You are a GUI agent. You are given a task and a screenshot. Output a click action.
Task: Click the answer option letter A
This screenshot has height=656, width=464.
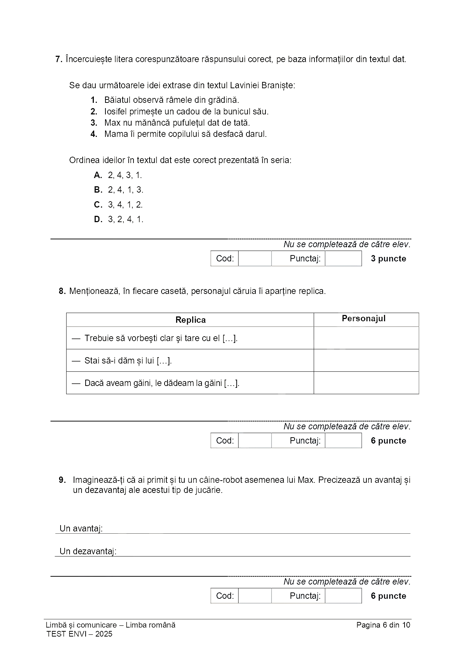98,175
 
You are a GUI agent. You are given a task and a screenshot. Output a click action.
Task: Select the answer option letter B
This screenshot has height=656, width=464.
98,190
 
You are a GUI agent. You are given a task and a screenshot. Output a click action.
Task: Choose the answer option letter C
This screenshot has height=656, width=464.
98,205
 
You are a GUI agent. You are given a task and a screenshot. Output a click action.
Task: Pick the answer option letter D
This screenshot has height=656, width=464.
98,219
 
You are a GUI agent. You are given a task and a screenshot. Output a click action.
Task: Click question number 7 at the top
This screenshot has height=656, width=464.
58,59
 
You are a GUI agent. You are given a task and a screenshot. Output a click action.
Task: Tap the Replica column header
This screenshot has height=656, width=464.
190,320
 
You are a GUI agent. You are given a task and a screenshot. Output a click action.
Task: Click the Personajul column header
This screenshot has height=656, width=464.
363,319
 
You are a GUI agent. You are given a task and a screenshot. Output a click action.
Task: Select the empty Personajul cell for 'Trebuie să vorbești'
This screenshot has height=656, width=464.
366,338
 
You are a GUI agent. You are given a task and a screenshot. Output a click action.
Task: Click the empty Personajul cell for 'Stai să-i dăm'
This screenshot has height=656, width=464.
366,361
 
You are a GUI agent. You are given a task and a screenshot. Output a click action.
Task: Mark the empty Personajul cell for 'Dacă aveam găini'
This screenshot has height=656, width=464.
366,383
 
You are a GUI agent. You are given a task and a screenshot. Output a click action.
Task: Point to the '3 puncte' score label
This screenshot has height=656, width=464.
388,258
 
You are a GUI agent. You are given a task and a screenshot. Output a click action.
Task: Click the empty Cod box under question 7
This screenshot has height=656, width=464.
255,258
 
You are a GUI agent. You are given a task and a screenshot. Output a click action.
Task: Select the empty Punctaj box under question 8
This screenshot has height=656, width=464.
343,441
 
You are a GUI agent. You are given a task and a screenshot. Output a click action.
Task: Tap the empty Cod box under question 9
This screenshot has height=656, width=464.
255,596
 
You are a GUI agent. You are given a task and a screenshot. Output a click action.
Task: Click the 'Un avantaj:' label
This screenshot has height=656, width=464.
81,528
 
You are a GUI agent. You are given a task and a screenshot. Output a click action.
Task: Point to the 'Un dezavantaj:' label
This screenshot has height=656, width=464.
88,551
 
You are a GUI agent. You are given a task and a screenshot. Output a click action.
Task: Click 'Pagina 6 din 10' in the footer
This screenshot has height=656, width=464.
383,625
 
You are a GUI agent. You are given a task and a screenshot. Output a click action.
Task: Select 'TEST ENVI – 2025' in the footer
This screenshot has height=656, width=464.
79,634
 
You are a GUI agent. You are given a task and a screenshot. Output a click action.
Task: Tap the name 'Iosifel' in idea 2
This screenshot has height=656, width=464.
117,111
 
